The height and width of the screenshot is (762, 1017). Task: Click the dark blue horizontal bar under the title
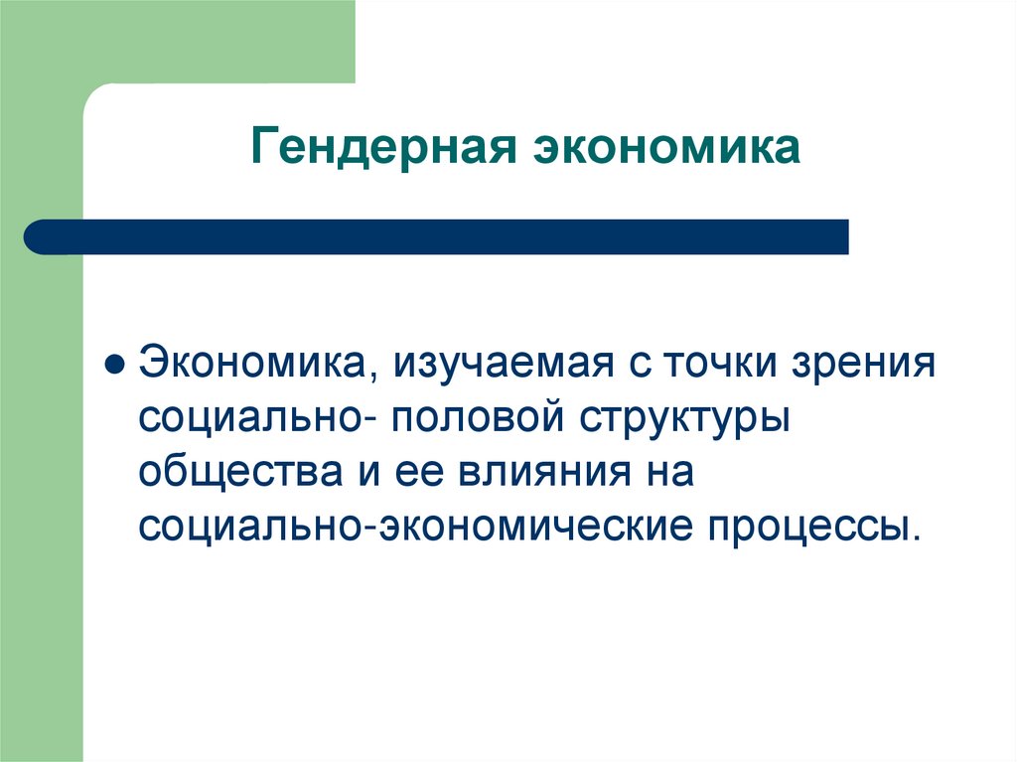click(x=447, y=236)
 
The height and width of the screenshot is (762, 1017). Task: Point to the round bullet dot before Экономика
click(x=114, y=363)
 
